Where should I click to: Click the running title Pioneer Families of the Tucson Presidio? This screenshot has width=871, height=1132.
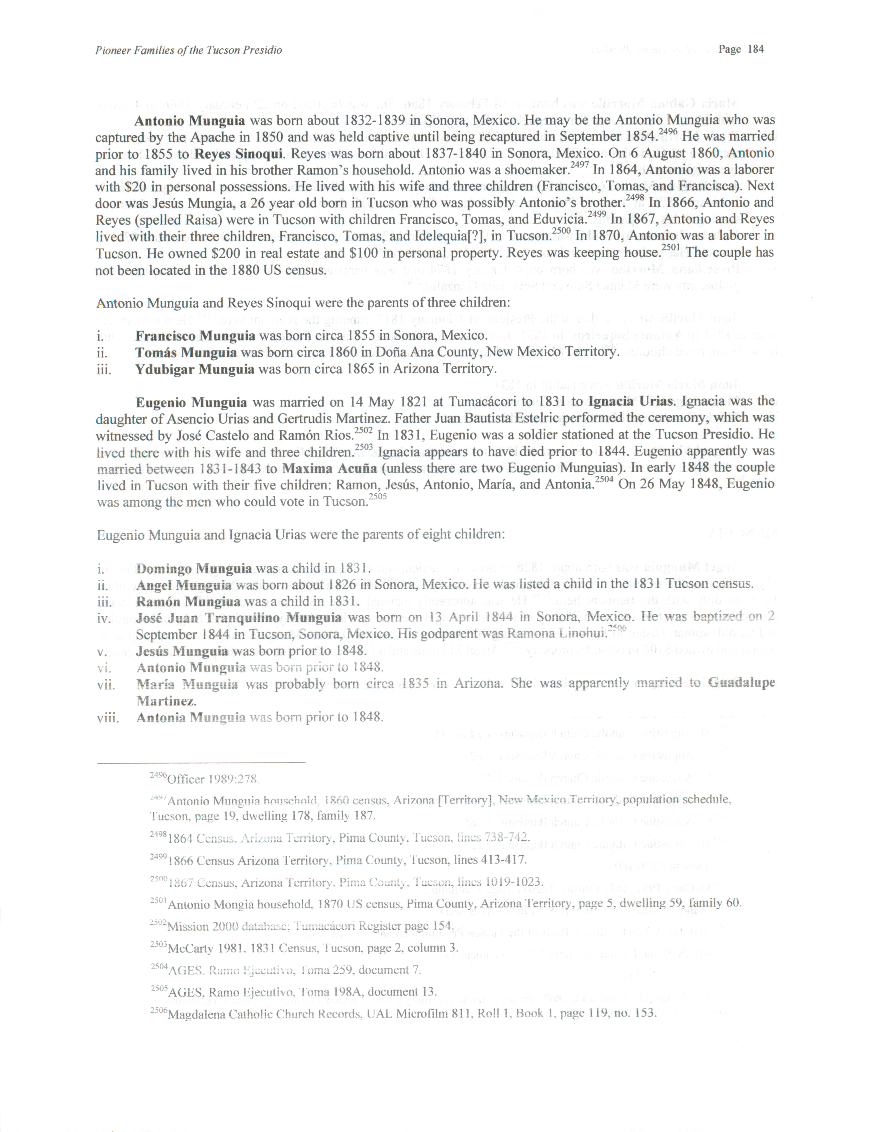pyautogui.click(x=189, y=50)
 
